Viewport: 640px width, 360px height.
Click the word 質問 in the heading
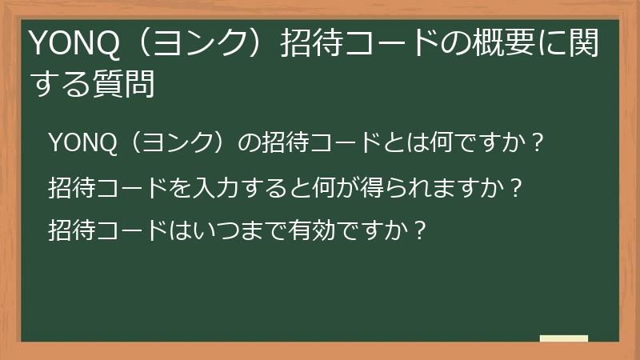tap(127, 82)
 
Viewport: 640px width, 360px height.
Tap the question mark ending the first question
tap(538, 143)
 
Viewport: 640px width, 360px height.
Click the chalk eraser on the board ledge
tap(564, 338)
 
